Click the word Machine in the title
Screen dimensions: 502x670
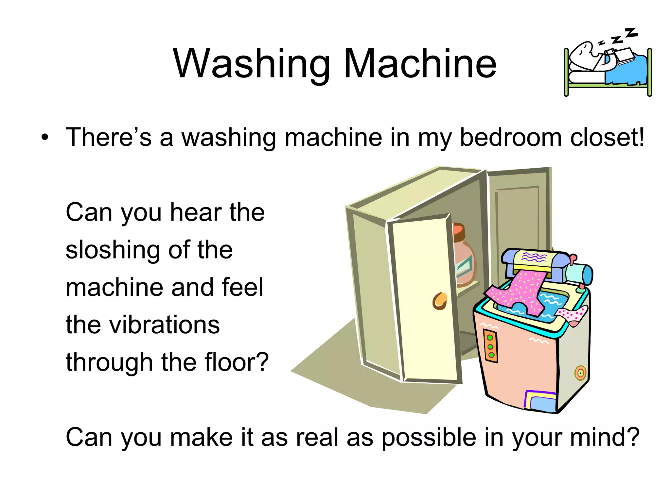[420, 63]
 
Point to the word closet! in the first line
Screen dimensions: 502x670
[607, 137]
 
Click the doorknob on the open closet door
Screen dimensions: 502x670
[440, 301]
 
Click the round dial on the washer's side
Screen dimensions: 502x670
[580, 373]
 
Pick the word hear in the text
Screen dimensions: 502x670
[195, 212]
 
